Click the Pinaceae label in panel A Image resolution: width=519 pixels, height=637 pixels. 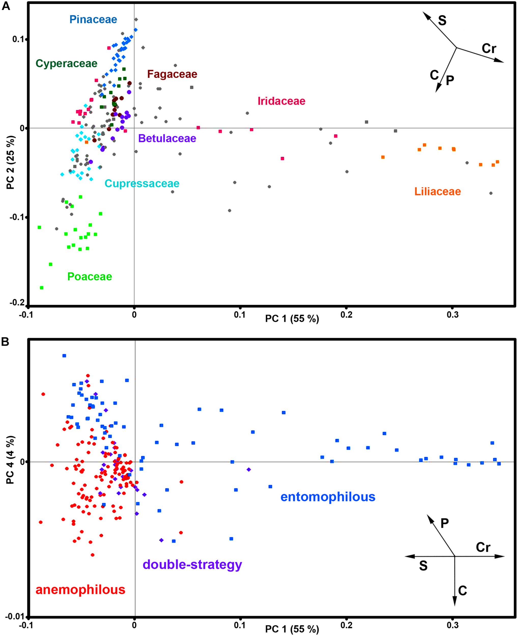(x=93, y=19)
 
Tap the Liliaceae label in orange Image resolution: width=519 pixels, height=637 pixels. (x=437, y=192)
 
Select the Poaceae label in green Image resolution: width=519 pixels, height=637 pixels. (x=89, y=276)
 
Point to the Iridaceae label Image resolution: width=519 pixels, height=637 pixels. (x=281, y=101)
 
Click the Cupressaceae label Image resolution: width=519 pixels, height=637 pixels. (x=142, y=183)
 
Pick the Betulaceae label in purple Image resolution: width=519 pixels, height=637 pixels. (x=167, y=138)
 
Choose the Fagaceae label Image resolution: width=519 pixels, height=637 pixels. (x=172, y=74)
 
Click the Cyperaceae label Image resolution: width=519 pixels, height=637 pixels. (x=66, y=63)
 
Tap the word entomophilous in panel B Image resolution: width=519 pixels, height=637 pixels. (x=328, y=497)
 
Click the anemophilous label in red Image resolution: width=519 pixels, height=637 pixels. (x=80, y=589)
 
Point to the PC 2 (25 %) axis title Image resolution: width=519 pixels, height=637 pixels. (x=11, y=163)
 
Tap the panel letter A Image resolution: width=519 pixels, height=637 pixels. (x=6, y=6)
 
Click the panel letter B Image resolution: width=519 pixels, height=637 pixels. (x=5, y=342)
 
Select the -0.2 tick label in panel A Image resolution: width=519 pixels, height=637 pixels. (x=17, y=302)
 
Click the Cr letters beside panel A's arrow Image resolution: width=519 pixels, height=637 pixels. (x=489, y=48)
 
